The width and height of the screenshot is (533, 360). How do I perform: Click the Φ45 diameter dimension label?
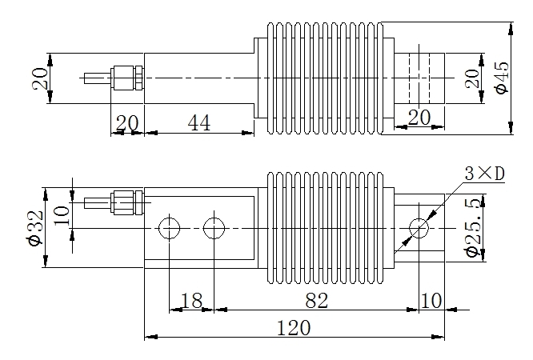coord(503,78)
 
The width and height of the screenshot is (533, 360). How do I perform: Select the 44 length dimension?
coord(199,122)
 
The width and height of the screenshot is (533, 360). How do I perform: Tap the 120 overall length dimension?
coord(294,328)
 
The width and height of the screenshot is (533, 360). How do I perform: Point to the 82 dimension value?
coord(316,301)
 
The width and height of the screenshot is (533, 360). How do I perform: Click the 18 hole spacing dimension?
coord(192,301)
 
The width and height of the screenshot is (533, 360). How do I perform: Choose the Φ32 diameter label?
coord(35,228)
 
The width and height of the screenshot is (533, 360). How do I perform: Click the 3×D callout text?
coord(485,174)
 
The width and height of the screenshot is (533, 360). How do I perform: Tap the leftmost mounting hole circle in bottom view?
coord(170,228)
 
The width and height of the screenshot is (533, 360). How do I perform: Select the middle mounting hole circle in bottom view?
coord(214,228)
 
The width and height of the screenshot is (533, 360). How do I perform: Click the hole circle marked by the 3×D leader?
coord(419,228)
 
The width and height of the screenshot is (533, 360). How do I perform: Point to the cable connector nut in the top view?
coord(126,78)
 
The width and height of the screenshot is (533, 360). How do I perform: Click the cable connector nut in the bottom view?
coord(126,203)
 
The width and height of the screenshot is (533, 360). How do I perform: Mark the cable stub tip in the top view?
coord(85,78)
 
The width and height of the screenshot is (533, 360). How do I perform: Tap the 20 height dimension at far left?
coord(40,78)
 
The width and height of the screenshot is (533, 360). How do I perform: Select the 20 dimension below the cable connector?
coord(127,123)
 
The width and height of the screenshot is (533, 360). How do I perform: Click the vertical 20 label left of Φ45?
coord(472,78)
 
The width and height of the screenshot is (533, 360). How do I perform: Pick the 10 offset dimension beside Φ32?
coord(62,215)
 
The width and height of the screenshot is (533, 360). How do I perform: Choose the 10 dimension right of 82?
coord(431,301)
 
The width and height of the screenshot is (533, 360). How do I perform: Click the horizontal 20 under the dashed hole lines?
coord(419,118)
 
